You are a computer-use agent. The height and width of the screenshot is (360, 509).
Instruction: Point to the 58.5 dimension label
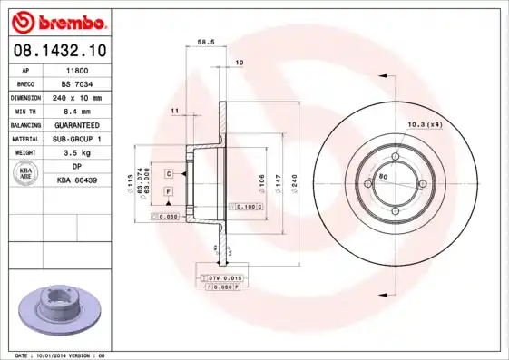[206, 41]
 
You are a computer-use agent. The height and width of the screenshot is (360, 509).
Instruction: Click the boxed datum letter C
[169, 172]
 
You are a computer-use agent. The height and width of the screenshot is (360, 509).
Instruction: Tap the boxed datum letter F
[169, 191]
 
